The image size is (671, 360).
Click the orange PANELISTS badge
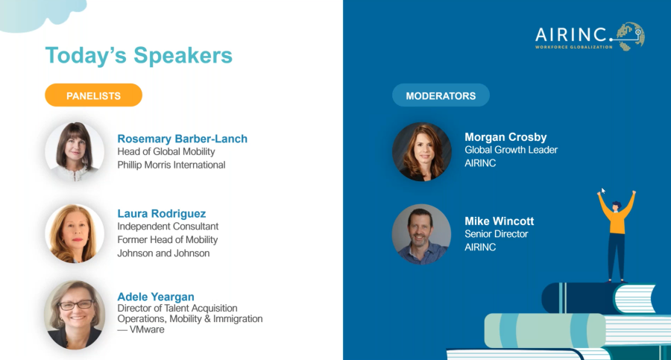(93, 95)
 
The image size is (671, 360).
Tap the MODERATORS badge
(441, 95)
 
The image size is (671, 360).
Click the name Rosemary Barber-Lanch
(183, 139)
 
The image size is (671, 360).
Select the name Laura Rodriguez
(161, 213)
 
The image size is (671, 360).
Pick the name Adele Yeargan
(156, 296)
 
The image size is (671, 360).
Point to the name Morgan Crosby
(505, 137)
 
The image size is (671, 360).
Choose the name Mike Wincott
(499, 221)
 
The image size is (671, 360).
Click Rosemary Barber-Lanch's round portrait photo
(75, 151)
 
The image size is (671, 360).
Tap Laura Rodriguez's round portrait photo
(75, 233)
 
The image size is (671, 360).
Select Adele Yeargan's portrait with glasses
(75, 315)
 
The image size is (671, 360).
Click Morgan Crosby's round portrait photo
(421, 151)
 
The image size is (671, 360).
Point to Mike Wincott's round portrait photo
(421, 234)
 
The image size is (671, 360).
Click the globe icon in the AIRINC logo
(630, 37)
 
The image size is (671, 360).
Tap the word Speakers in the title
(183, 55)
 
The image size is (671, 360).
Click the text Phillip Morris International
(171, 165)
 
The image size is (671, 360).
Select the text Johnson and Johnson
(163, 253)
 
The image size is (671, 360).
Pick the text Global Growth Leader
(511, 150)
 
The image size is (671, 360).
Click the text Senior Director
(496, 234)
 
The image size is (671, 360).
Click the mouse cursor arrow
(602, 191)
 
